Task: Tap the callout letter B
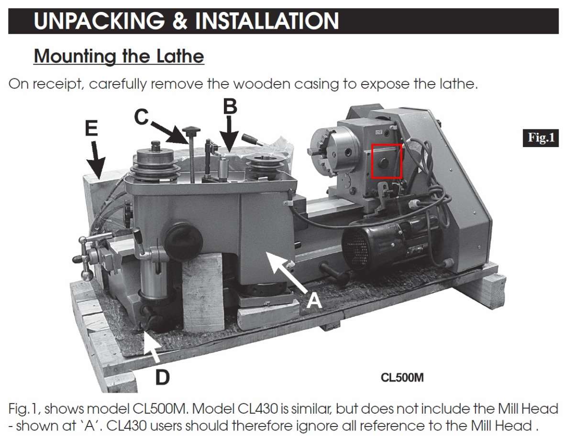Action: tap(230, 107)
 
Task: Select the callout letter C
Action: tap(141, 117)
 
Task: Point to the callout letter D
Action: tap(162, 378)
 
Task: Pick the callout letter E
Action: tap(91, 128)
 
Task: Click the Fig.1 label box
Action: tap(541, 138)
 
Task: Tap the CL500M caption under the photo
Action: tap(402, 378)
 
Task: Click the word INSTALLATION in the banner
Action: tap(267, 21)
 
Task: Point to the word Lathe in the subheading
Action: tap(180, 56)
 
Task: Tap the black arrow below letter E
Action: tap(96, 160)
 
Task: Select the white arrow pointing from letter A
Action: tap(287, 271)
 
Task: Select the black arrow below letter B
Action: tap(229, 134)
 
